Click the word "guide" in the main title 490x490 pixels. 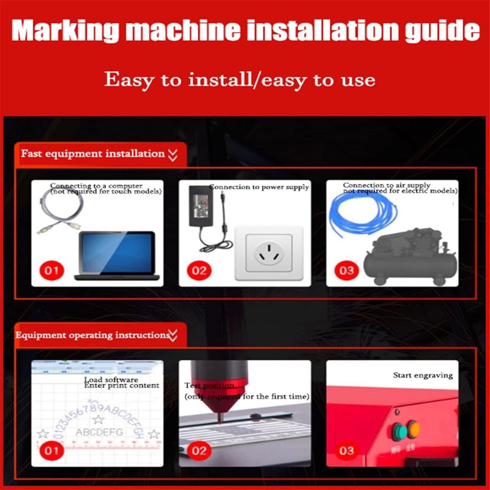pyautogui.click(x=442, y=30)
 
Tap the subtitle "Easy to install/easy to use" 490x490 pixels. pyautogui.click(x=239, y=80)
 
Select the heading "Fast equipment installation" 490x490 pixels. pyautogui.click(x=93, y=154)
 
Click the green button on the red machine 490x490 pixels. pyautogui.click(x=399, y=432)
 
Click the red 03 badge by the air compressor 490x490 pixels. pyautogui.click(x=346, y=270)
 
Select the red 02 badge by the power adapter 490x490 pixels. pyautogui.click(x=199, y=270)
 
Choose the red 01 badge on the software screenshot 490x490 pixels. pyautogui.click(x=52, y=451)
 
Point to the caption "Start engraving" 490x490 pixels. pyautogui.click(x=423, y=375)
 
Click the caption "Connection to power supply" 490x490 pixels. pyautogui.click(x=259, y=187)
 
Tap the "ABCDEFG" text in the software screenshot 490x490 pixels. pyautogui.click(x=99, y=432)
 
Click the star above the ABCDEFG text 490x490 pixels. pyautogui.click(x=98, y=419)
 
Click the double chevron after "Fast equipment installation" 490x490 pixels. pyautogui.click(x=173, y=155)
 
